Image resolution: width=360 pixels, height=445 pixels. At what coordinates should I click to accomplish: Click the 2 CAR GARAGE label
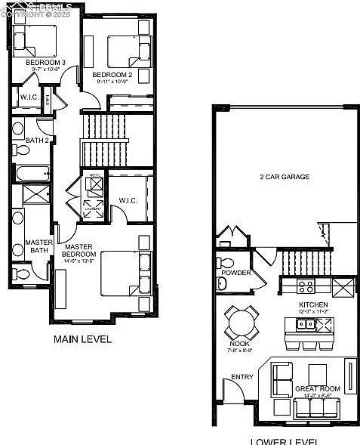(285, 177)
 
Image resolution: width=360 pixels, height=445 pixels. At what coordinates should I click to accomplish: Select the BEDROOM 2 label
(112, 75)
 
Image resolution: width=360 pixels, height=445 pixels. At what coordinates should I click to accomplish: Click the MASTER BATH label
(38, 247)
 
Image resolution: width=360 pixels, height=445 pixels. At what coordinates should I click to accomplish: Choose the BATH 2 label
(36, 141)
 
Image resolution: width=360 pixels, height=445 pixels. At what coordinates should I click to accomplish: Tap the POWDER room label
(236, 273)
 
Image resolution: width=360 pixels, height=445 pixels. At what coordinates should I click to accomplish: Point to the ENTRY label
(242, 377)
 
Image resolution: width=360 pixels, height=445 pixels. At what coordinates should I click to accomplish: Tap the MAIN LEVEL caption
(82, 339)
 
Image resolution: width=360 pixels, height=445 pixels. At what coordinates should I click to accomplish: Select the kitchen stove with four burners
(306, 286)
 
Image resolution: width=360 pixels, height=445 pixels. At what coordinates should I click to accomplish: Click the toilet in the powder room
(221, 283)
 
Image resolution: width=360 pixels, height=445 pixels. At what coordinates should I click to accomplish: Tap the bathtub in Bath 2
(31, 173)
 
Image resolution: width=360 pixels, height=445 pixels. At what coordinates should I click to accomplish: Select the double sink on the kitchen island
(307, 326)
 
